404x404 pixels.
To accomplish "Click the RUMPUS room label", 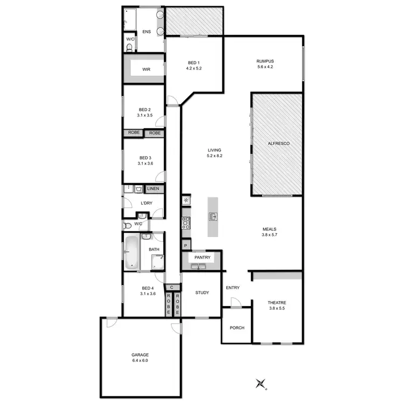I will tap(264, 61).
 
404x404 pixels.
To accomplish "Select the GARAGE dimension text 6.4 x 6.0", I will tap(140, 360).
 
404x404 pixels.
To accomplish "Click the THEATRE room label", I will tap(277, 303).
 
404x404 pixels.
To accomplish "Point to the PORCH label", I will tap(237, 328).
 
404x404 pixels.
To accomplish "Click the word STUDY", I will tap(202, 292).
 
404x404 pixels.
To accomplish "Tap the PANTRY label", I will tap(203, 258).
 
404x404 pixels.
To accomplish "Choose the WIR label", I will tap(146, 69).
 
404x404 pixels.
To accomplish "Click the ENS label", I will tap(147, 32).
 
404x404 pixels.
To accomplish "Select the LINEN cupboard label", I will tap(153, 189).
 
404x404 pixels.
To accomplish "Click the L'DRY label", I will tap(146, 203).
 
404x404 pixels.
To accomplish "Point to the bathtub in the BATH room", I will tap(131, 252).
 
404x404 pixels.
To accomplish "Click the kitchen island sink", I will tap(213, 217).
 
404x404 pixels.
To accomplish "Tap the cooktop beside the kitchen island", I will tap(186, 222).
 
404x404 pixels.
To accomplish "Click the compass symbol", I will tap(261, 384).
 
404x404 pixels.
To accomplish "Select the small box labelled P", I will tap(185, 246).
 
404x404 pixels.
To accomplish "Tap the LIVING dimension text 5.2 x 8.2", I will tap(214, 156).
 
